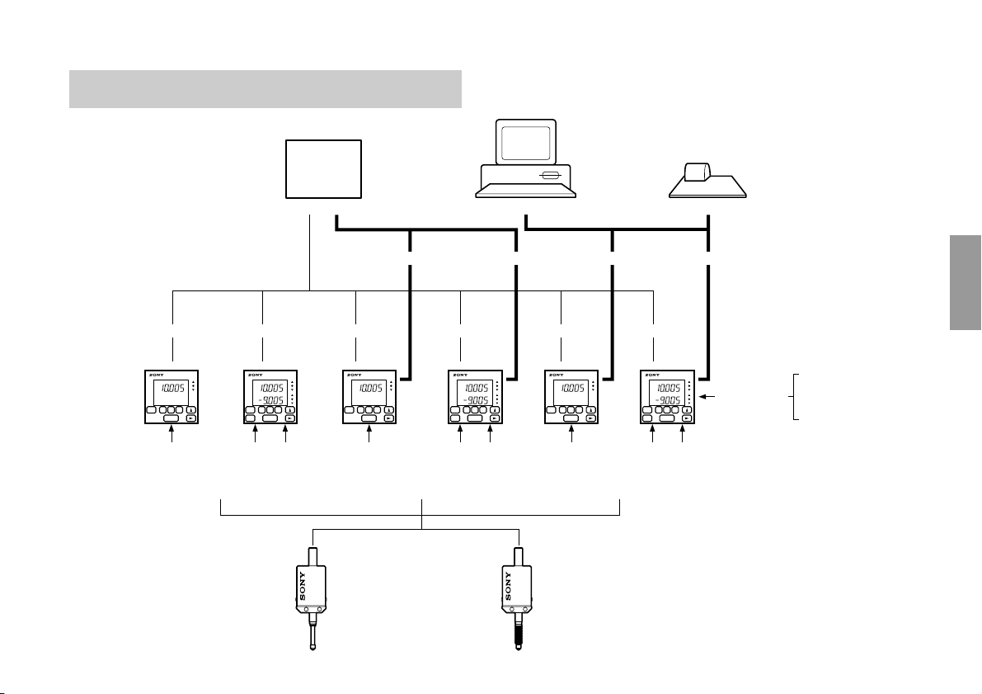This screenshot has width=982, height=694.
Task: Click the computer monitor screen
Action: pos(525,144)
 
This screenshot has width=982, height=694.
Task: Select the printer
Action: pos(707,182)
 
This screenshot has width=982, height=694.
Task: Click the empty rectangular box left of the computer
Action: pos(323,169)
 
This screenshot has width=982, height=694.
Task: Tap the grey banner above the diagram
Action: pos(265,89)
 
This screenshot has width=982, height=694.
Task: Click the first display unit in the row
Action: pos(171,398)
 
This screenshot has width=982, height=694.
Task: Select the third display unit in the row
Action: pos(369,398)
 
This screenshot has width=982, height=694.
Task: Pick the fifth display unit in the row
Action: pos(571,398)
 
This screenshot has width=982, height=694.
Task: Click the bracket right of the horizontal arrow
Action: pos(796,397)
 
